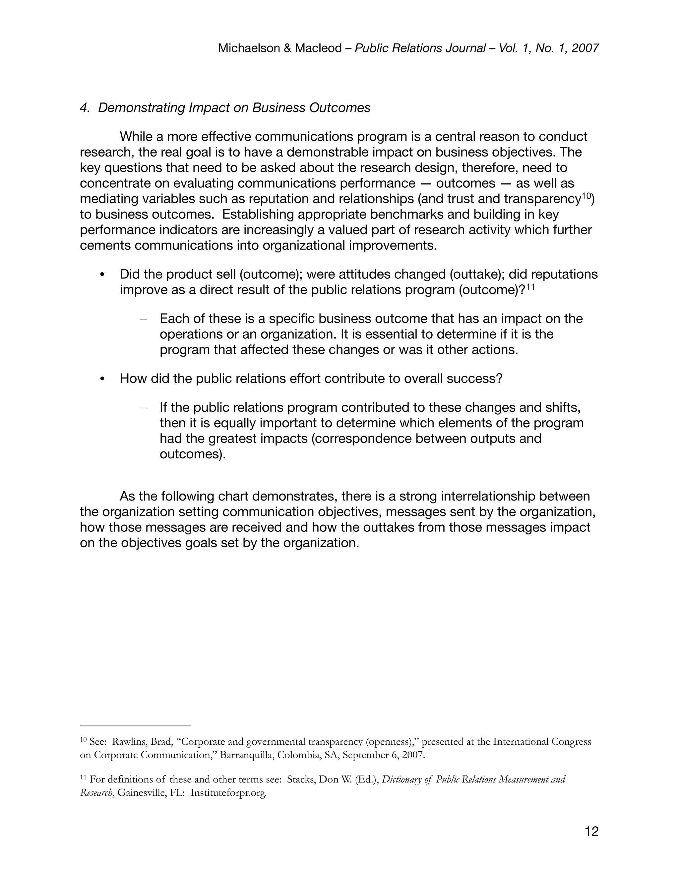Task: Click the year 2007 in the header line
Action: pyautogui.click(x=585, y=48)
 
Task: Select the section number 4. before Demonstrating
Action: pyautogui.click(x=85, y=108)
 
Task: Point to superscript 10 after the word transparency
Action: pyautogui.click(x=587, y=196)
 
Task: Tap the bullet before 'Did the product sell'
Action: pyautogui.click(x=102, y=275)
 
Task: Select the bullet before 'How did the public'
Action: pyautogui.click(x=102, y=379)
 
